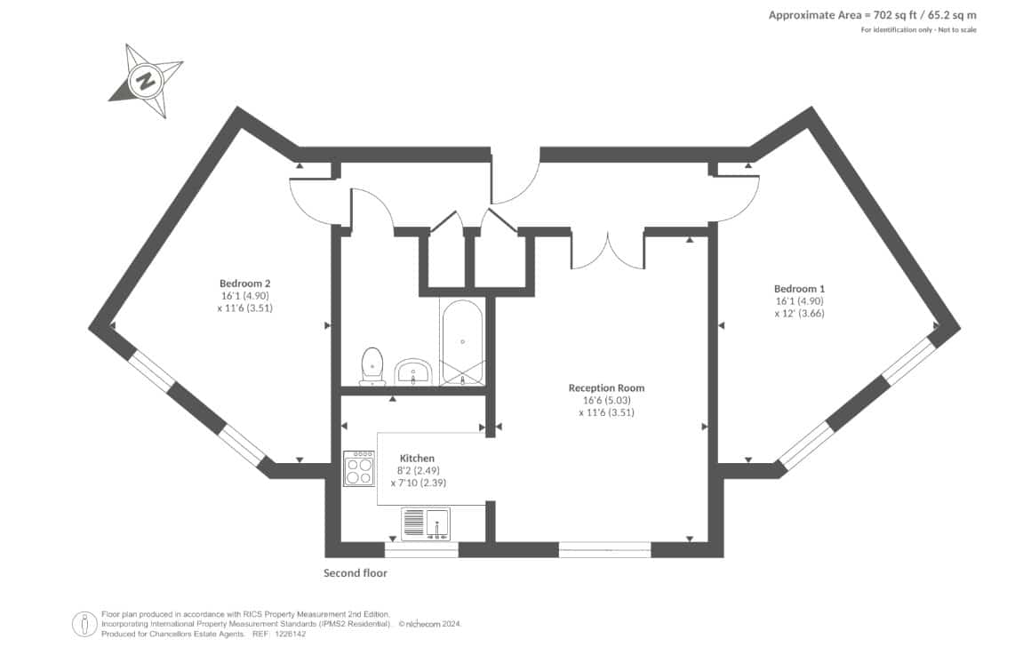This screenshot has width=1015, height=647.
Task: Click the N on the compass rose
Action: tap(146, 82)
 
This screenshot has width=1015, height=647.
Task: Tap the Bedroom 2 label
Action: tap(244, 284)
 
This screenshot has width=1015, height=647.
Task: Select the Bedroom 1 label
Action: tap(799, 289)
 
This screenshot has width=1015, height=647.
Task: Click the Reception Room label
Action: tap(606, 388)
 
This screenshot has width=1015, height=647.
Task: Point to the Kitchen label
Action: tap(417, 459)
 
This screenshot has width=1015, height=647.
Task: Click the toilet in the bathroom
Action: tap(372, 366)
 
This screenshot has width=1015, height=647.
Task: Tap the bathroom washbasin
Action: tap(413, 372)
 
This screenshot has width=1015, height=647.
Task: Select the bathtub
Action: tap(462, 343)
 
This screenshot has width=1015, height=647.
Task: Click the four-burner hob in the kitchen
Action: tap(359, 467)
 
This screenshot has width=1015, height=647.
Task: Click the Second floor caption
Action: tap(356, 573)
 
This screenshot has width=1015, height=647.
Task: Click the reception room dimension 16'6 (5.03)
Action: tap(606, 401)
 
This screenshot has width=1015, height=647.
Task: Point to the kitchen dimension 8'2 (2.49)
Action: tap(418, 471)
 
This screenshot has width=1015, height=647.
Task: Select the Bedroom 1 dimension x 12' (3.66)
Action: tap(799, 313)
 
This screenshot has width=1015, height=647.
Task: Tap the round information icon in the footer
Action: tap(84, 625)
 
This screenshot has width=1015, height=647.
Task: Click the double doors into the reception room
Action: tap(607, 249)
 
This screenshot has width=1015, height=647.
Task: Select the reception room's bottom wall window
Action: tap(604, 550)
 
